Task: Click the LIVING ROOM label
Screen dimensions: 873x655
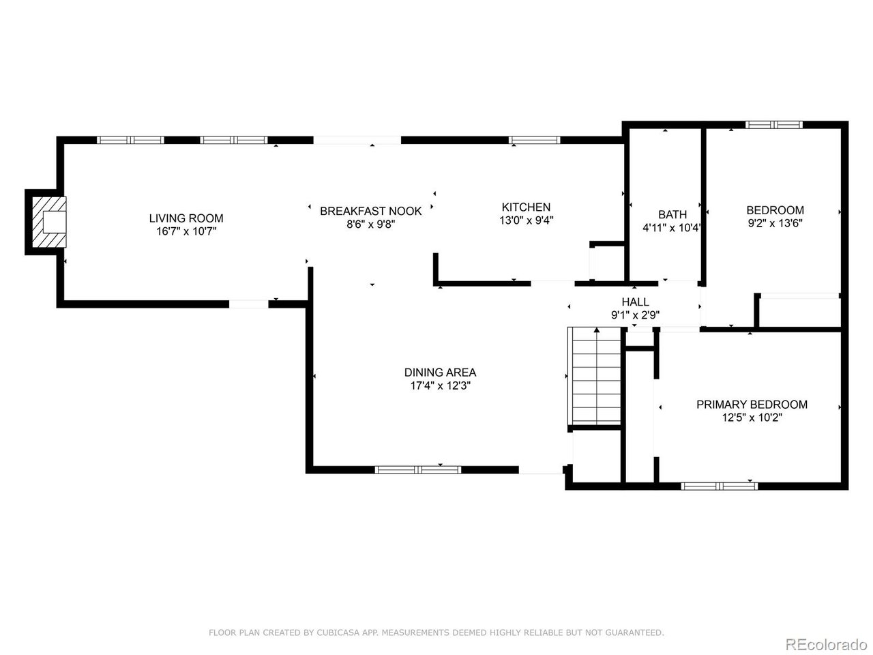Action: [x=186, y=218]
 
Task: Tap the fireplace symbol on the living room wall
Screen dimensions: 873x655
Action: [x=49, y=222]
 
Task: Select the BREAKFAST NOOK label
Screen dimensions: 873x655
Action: [x=370, y=211]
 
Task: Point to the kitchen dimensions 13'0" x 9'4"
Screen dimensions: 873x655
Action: [x=526, y=220]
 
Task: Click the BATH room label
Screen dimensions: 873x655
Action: [x=672, y=214]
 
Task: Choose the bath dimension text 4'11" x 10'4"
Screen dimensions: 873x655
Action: [x=671, y=228]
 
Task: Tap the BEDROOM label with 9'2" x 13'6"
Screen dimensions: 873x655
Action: [x=775, y=209]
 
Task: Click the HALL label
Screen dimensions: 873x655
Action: [x=635, y=302]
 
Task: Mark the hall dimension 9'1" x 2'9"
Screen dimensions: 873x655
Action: [x=635, y=315]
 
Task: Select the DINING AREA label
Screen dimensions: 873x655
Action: [x=440, y=373]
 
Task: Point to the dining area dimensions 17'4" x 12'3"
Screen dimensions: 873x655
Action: [x=441, y=385]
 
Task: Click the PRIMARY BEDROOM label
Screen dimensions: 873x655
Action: [x=752, y=405]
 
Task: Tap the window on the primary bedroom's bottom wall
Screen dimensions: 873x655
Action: [x=719, y=486]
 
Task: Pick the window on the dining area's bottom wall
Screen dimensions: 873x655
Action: [x=418, y=469]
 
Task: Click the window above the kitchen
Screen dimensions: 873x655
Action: [x=534, y=140]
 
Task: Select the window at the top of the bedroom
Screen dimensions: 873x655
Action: [x=773, y=125]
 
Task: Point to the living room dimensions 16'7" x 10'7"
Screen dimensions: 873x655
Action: [x=186, y=231]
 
